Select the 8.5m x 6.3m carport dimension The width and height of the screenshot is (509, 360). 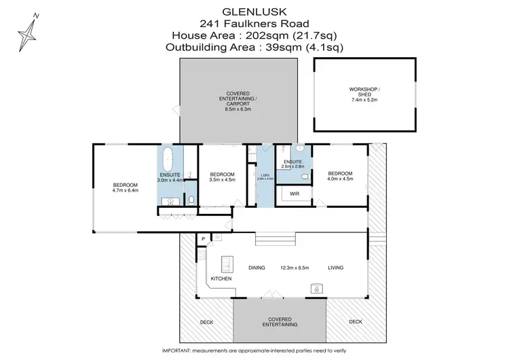tap(238, 108)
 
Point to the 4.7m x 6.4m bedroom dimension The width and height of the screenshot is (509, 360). tap(126, 191)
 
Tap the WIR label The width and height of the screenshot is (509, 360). tap(294, 194)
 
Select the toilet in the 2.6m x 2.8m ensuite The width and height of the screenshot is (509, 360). tap(305, 177)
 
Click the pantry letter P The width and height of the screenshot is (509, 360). tap(202, 238)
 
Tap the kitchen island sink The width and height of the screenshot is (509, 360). tap(227, 264)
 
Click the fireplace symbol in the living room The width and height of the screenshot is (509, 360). tap(316, 288)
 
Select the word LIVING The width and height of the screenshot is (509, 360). tap(335, 268)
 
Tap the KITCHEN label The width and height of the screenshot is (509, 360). tap(221, 279)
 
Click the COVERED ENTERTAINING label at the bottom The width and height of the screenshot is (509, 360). tap(280, 321)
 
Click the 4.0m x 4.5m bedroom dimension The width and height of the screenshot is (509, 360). tap(339, 179)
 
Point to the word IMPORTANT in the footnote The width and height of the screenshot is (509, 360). tap(181, 350)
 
